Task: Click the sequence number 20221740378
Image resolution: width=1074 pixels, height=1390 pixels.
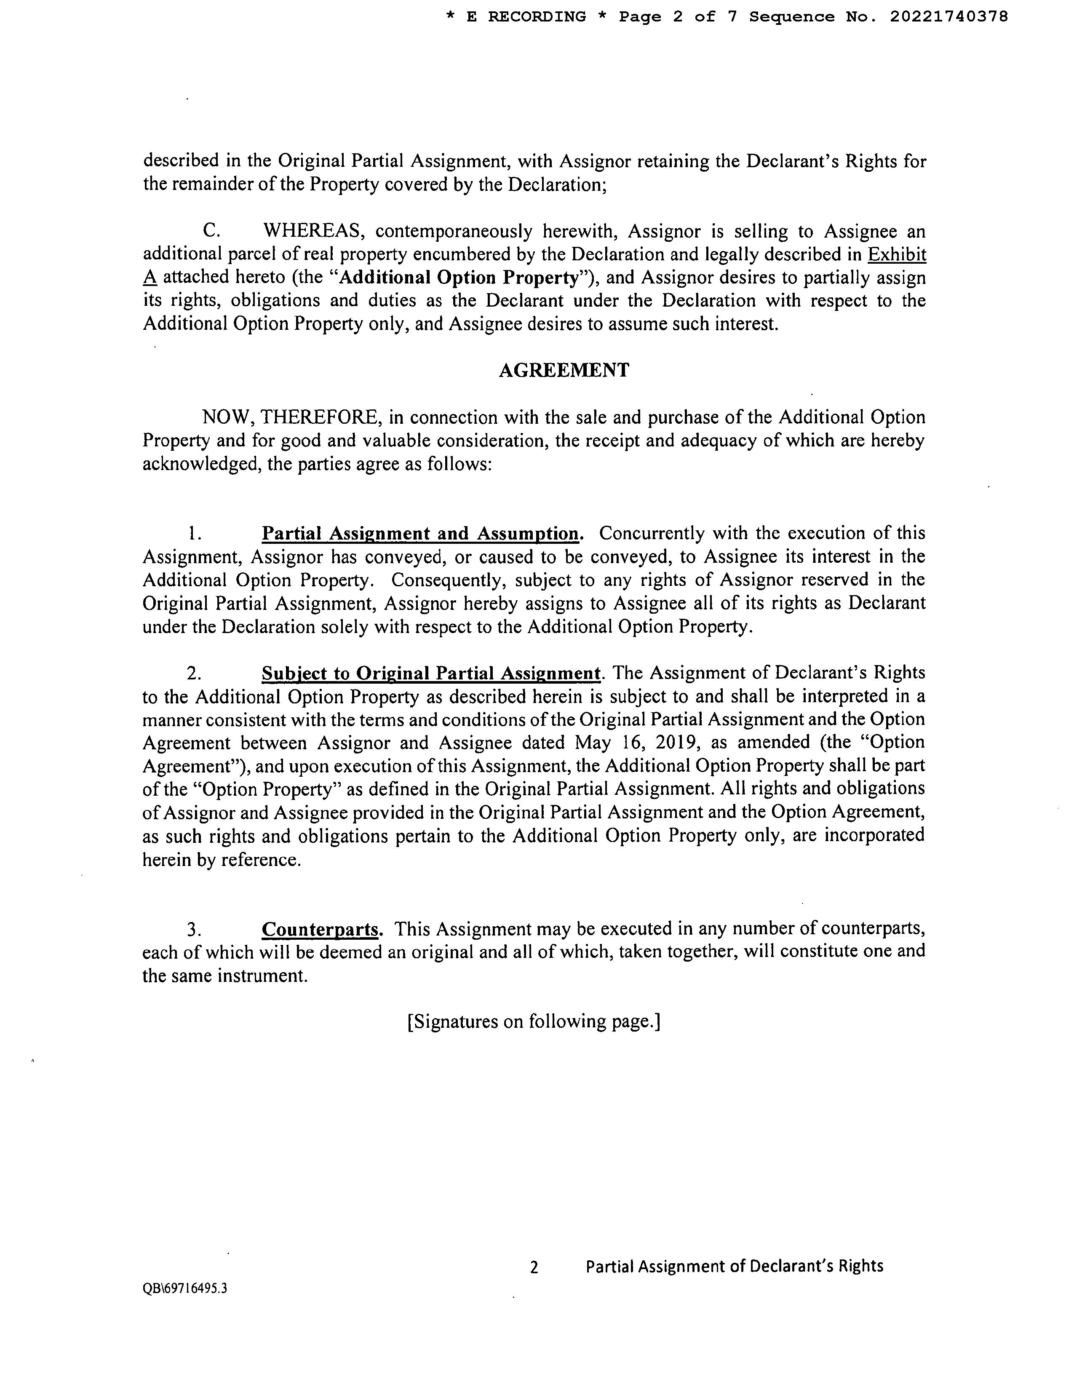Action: click(948, 17)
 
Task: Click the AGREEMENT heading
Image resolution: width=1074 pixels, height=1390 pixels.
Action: click(564, 370)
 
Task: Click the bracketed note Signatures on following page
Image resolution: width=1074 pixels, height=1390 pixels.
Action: click(534, 1021)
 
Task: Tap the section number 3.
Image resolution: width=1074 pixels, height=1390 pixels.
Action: click(194, 930)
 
